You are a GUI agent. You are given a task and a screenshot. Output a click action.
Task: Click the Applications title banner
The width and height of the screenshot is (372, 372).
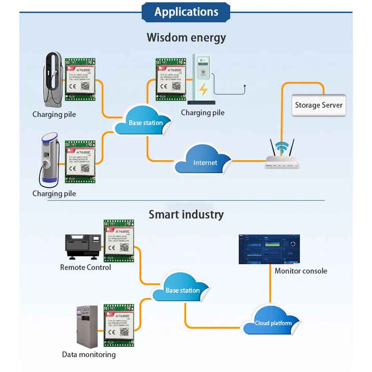(x=186, y=12)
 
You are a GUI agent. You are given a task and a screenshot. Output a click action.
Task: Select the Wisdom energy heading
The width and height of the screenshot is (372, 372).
(x=186, y=38)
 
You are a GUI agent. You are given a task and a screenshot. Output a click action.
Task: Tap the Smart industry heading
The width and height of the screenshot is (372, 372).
(x=186, y=214)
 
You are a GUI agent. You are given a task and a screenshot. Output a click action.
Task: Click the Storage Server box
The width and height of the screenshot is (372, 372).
(x=318, y=105)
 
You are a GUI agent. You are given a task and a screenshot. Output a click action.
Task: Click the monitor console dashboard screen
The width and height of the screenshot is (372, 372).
(x=269, y=250)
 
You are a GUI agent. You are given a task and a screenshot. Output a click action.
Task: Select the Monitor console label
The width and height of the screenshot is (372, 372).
(x=301, y=271)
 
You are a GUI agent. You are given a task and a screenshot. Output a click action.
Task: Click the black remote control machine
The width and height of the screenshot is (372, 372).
(x=83, y=247)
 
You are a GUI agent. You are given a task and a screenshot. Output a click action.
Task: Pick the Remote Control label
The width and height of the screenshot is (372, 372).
(x=86, y=267)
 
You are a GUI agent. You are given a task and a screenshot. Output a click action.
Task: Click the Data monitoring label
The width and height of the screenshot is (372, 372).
(x=89, y=355)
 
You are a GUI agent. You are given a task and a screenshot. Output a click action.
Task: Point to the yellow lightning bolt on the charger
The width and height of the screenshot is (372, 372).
(x=203, y=90)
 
